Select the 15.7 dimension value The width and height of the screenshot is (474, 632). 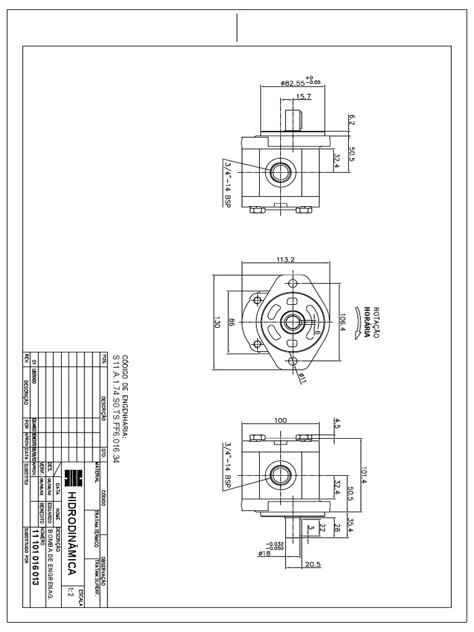coord(304,97)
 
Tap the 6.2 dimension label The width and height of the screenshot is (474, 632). coord(352,118)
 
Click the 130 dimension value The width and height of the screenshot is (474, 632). coord(217,323)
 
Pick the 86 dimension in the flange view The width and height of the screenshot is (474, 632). coord(231,323)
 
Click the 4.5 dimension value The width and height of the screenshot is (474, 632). coord(337,424)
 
